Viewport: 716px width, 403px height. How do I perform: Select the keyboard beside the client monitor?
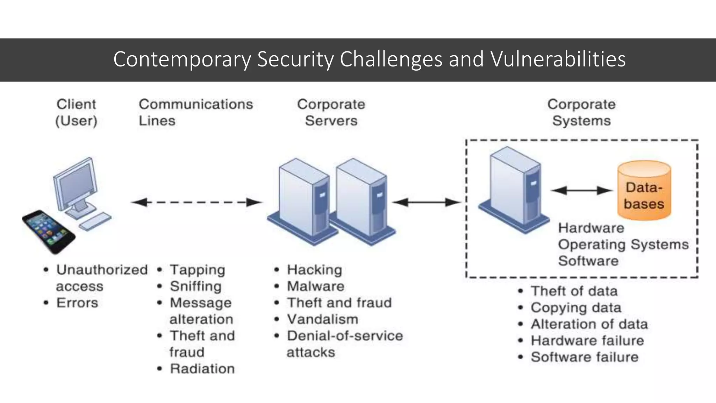(95, 221)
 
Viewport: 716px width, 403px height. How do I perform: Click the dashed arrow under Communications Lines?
(196, 202)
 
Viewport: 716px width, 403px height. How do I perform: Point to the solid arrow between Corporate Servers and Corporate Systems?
(427, 202)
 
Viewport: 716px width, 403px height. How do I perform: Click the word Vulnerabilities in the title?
(558, 59)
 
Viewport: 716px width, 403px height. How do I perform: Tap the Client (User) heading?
(76, 112)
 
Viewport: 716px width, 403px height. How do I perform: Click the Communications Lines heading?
(195, 112)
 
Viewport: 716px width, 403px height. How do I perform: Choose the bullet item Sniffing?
(195, 286)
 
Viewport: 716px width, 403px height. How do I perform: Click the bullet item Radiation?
(202, 369)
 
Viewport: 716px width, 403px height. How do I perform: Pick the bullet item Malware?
(315, 286)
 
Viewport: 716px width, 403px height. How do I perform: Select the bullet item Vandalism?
(322, 319)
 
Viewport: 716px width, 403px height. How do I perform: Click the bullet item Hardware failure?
(587, 340)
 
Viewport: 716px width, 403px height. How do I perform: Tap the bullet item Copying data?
(576, 307)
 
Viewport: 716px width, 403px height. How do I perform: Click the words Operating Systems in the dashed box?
(623, 244)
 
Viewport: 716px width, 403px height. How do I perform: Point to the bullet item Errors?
(77, 303)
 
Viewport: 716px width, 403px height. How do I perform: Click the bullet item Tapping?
(197, 270)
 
